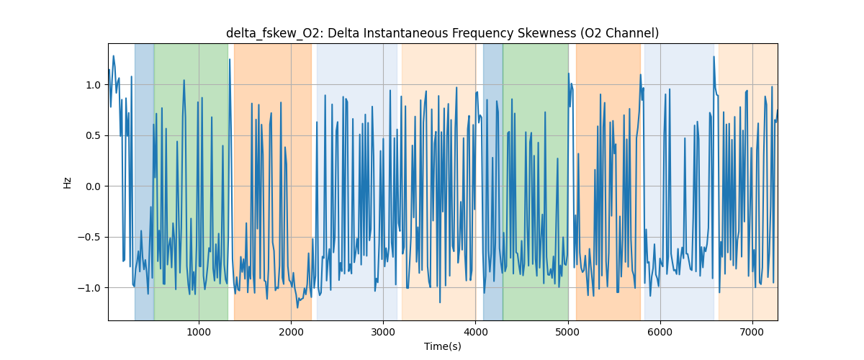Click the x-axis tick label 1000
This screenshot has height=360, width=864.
[x=199, y=332]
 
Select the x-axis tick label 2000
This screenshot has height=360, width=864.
[x=291, y=332]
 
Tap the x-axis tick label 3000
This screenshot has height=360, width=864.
[x=383, y=332]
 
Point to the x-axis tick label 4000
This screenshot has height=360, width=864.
[x=475, y=332]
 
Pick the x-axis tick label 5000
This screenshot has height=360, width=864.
[x=567, y=332]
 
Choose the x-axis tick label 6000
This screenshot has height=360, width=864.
[x=660, y=332]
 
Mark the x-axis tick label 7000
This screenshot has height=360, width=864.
[x=752, y=332]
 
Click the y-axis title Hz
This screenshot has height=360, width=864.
[x=68, y=182]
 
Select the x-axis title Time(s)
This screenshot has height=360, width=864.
[x=443, y=346]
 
